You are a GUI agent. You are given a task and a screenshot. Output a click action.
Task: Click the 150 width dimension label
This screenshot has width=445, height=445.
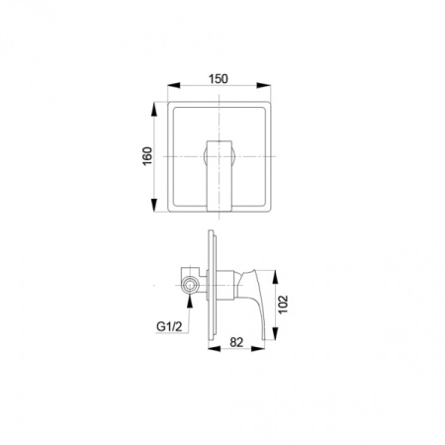219,79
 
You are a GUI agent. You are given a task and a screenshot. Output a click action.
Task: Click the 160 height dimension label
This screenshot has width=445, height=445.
147,156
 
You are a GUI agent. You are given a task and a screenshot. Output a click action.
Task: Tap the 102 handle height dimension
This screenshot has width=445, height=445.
283,305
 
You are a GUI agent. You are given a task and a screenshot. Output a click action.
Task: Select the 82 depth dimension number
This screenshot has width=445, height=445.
236,342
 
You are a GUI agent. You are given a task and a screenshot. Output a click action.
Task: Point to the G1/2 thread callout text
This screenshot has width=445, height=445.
169,326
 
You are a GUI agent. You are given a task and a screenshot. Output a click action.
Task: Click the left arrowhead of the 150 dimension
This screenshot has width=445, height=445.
174,85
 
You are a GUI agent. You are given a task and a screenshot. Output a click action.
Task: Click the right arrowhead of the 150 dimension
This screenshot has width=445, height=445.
264,85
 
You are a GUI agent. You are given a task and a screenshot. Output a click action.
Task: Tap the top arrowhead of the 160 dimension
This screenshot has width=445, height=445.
154,109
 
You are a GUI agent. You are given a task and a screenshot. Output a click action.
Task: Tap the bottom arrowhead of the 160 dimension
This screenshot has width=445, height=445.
154,205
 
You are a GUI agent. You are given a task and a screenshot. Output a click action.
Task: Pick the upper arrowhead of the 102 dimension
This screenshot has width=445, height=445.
276,277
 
